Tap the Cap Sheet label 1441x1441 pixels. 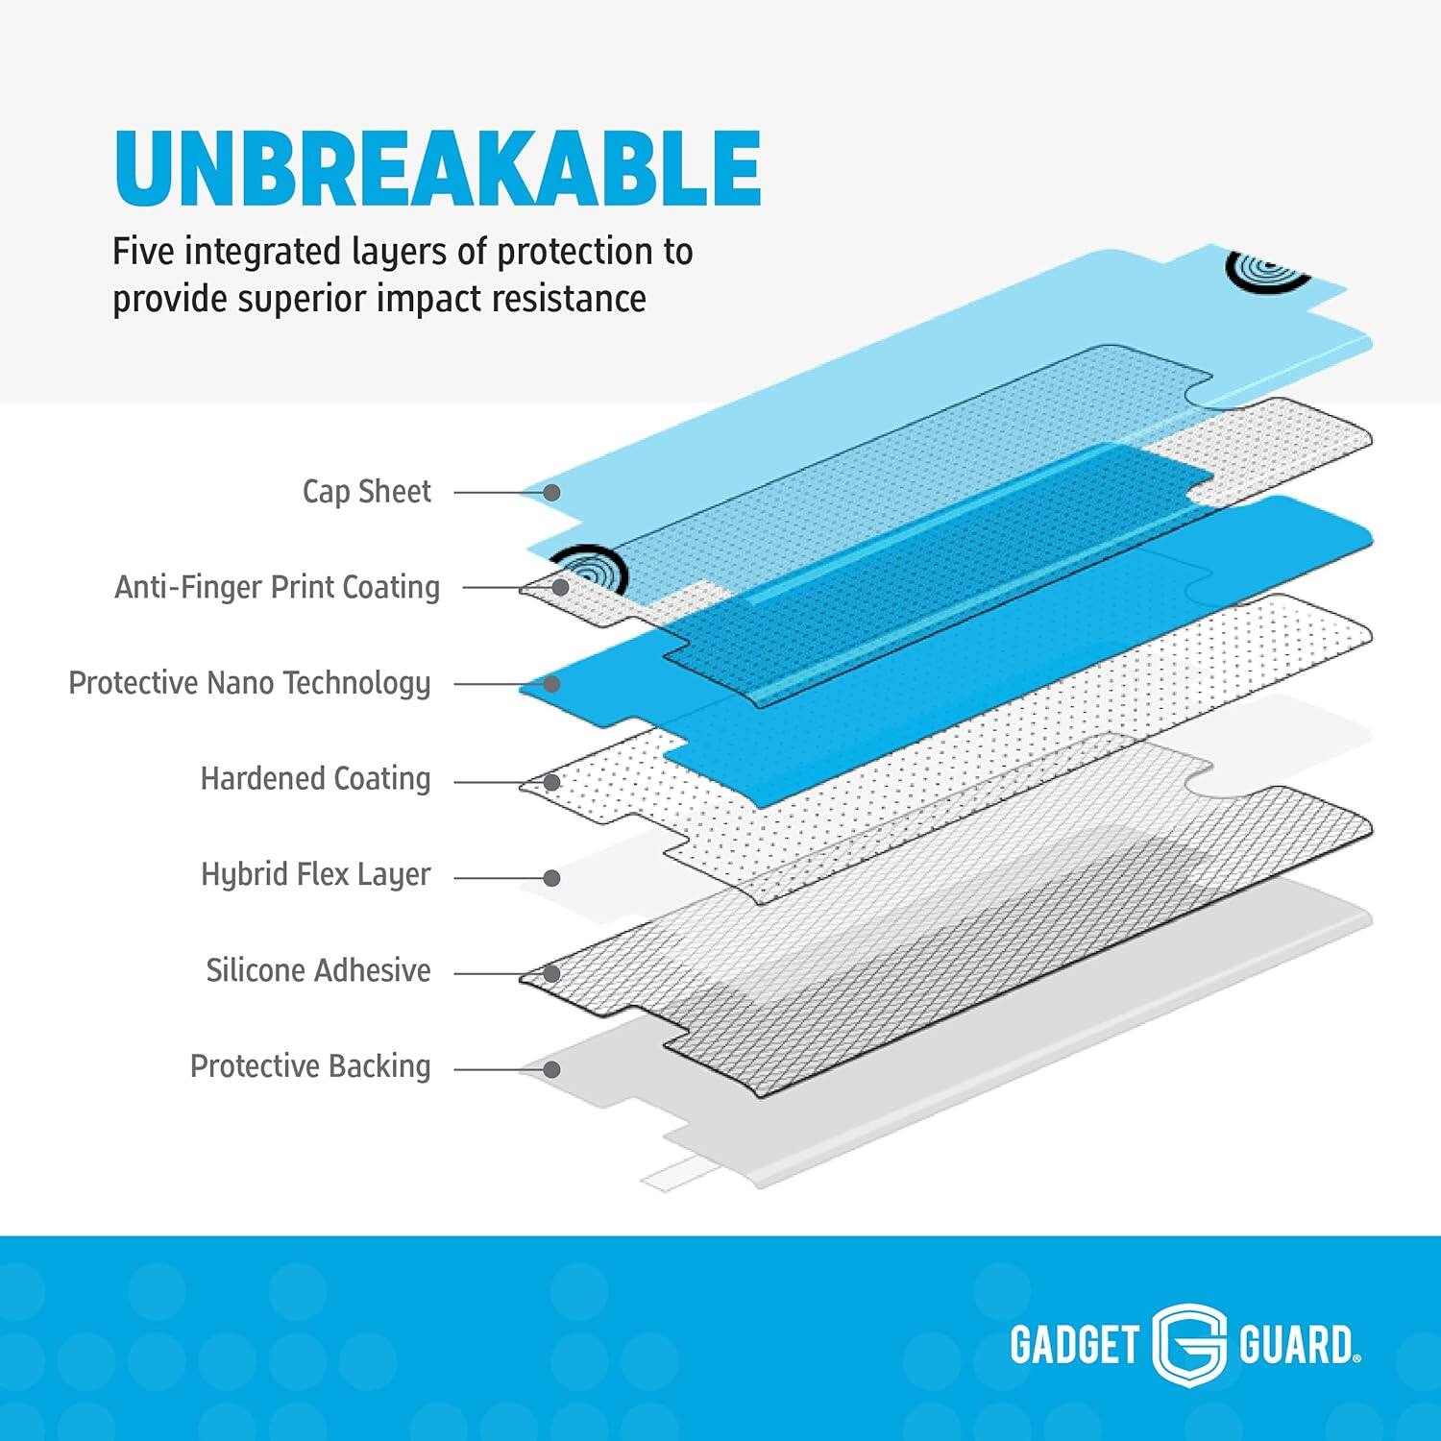tap(366, 492)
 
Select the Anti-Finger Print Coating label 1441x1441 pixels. tap(277, 587)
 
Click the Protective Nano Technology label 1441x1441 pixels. tap(249, 683)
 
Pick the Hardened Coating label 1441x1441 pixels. tap(315, 779)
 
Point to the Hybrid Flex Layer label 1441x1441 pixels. tap(315, 875)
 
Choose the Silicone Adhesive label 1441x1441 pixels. tap(318, 970)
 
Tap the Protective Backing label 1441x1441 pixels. tap(309, 1066)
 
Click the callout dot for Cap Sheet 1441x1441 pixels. tap(552, 493)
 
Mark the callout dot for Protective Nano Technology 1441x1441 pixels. tap(552, 684)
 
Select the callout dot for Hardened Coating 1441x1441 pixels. tap(552, 782)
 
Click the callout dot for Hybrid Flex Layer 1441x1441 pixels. tap(552, 878)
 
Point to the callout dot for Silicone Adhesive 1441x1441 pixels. tap(552, 974)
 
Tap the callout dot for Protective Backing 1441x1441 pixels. tap(552, 1069)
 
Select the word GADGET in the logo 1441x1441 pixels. tap(1074, 1344)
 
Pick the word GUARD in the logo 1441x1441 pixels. tap(1296, 1344)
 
